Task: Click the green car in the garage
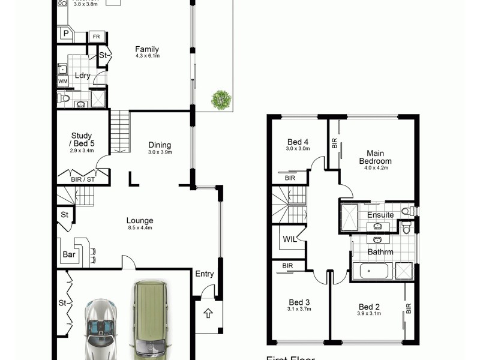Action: (149, 318)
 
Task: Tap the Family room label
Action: (147, 49)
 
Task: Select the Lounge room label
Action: (139, 221)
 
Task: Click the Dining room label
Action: (160, 145)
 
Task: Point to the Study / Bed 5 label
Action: (82, 139)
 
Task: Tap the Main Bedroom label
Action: (375, 157)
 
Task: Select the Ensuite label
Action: (380, 215)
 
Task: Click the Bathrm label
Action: (380, 252)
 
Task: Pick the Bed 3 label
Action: (299, 302)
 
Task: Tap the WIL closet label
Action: (289, 239)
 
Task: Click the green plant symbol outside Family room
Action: (221, 99)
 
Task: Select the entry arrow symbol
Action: (208, 313)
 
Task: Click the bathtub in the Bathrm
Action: (371, 271)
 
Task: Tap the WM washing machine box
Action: (63, 80)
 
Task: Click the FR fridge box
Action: (96, 37)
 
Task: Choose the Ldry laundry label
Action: (82, 75)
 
